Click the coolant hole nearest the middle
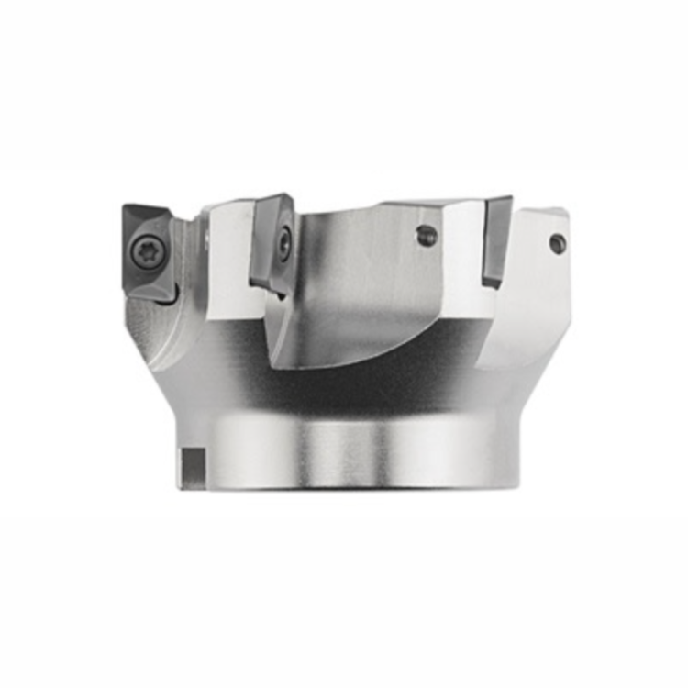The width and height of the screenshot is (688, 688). (427, 236)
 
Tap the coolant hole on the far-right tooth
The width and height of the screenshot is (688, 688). (557, 243)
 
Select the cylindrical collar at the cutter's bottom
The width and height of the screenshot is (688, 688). (349, 449)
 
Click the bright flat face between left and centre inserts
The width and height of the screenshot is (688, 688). (229, 261)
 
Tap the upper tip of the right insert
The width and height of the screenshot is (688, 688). (508, 199)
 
